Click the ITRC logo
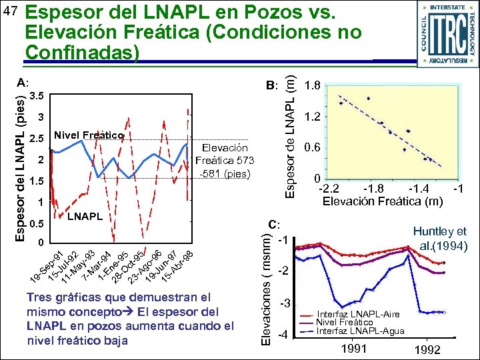pyautogui.click(x=446, y=33)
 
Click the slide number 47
pyautogui.click(x=11, y=12)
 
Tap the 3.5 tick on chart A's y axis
pyautogui.click(x=38, y=96)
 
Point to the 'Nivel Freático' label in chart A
pyautogui.click(x=89, y=136)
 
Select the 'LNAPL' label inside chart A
pyautogui.click(x=85, y=217)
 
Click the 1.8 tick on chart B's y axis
pyautogui.click(x=312, y=86)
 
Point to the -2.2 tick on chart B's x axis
pyautogui.click(x=329, y=189)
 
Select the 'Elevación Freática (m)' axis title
pyautogui.click(x=382, y=201)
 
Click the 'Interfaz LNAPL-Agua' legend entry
pyautogui.click(x=358, y=331)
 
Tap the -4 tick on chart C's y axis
pyautogui.click(x=281, y=334)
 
